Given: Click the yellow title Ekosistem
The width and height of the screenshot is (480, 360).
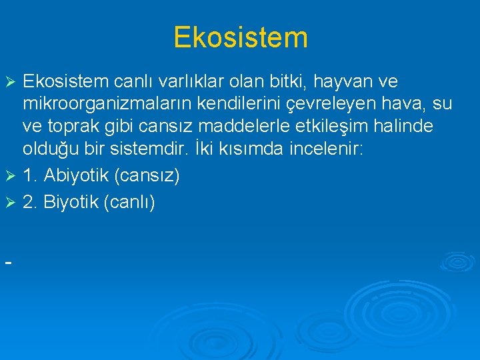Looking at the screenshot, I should [240, 37].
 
